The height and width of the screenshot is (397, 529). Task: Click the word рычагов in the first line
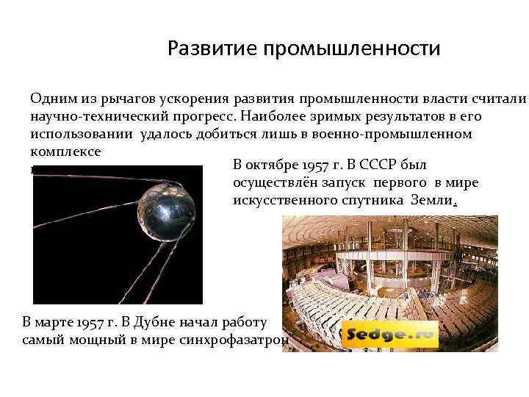[x=118, y=99]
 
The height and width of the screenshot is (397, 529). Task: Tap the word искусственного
[x=284, y=201]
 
